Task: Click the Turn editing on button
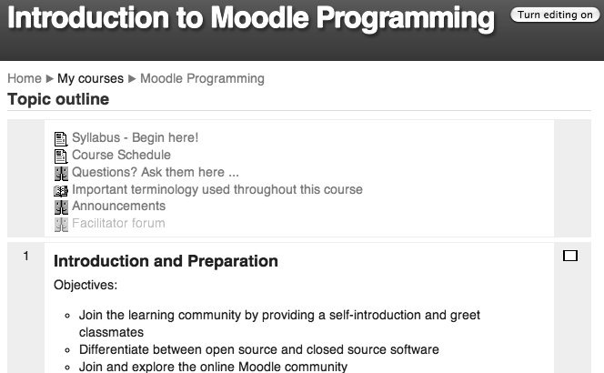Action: pyautogui.click(x=555, y=15)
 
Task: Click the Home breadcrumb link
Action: pyautogui.click(x=25, y=78)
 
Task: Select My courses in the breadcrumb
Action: pyautogui.click(x=91, y=78)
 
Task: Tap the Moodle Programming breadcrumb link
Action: pyautogui.click(x=202, y=78)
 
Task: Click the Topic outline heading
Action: pyautogui.click(x=58, y=99)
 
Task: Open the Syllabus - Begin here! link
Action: pyautogui.click(x=136, y=137)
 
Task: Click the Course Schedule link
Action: pyautogui.click(x=121, y=155)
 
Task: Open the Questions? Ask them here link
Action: pyautogui.click(x=156, y=172)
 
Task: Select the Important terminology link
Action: pyautogui.click(x=217, y=189)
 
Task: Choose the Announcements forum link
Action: pyautogui.click(x=118, y=206)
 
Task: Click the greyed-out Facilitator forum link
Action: pyautogui.click(x=118, y=223)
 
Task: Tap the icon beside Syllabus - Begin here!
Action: pyautogui.click(x=61, y=139)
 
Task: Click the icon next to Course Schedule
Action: pyautogui.click(x=61, y=156)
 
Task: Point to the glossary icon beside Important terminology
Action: pyautogui.click(x=61, y=191)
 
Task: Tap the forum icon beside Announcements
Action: pyautogui.click(x=61, y=207)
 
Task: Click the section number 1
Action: pyautogui.click(x=25, y=256)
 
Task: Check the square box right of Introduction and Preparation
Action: pyautogui.click(x=570, y=256)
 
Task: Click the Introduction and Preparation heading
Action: pyautogui.click(x=166, y=261)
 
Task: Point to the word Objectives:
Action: pyautogui.click(x=86, y=285)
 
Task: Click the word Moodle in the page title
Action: pyautogui.click(x=259, y=17)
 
